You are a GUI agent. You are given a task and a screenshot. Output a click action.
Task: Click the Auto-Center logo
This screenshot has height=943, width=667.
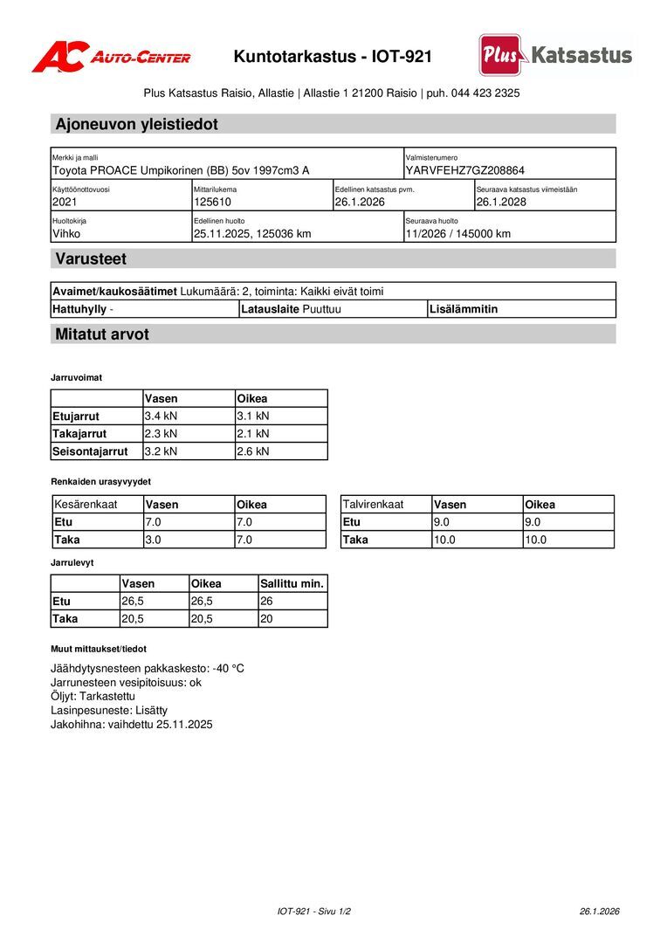[111, 57]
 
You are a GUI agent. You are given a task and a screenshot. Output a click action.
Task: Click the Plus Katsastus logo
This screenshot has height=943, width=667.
[555, 55]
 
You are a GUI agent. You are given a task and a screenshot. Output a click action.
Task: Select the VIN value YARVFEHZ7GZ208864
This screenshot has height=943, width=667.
[464, 170]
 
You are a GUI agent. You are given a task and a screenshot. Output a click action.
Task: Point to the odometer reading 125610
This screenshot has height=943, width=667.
[212, 202]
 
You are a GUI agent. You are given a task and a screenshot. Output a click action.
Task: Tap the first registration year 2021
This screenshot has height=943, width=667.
[65, 202]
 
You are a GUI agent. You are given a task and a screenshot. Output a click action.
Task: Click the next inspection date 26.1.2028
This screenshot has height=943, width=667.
[501, 202]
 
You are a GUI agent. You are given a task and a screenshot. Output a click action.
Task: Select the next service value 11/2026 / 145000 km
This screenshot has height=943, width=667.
[457, 233]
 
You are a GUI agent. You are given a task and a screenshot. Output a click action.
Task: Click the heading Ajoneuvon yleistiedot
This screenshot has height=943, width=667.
[136, 124]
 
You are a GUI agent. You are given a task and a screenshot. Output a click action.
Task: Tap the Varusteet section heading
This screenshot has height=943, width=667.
[91, 258]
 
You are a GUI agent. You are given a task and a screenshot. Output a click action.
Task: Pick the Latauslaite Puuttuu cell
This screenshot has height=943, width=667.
[291, 309]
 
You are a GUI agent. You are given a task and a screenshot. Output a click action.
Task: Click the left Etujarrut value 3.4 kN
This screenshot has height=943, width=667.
[161, 416]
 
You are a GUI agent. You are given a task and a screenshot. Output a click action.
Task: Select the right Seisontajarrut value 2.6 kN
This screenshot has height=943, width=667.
[252, 451]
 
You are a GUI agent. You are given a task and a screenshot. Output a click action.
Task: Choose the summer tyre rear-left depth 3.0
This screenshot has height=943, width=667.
[153, 540]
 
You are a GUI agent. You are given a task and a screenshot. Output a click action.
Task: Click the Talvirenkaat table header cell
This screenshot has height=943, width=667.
[373, 505]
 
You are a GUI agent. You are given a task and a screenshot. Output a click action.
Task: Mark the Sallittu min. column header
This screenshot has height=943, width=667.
[292, 583]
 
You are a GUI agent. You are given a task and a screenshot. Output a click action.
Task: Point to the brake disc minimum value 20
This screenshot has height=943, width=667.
[266, 618]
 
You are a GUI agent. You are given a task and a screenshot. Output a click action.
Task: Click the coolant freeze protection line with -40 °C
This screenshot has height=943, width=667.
[148, 668]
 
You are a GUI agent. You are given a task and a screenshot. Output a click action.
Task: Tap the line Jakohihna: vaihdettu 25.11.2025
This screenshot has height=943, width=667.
[132, 724]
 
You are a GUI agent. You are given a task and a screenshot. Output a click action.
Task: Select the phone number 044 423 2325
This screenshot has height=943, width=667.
[485, 93]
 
